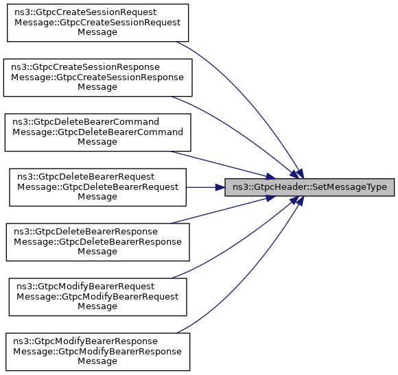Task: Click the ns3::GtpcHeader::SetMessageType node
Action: pyautogui.click(x=309, y=187)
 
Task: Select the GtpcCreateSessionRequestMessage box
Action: pyautogui.click(x=97, y=23)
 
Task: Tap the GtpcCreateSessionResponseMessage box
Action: pyautogui.click(x=97, y=77)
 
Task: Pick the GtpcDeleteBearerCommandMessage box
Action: pyautogui.click(x=97, y=132)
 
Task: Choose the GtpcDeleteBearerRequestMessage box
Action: pyautogui.click(x=97, y=187)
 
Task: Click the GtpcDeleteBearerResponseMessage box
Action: pyautogui.click(x=97, y=242)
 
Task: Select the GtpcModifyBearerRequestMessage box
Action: pyautogui.click(x=97, y=297)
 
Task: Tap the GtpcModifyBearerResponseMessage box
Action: pyautogui.click(x=97, y=352)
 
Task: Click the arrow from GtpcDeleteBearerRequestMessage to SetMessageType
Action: pyautogui.click(x=205, y=187)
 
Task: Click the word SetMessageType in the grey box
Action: pyautogui.click(x=349, y=187)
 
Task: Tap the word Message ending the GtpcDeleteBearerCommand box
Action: pyautogui.click(x=97, y=142)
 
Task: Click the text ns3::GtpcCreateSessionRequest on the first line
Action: pyautogui.click(x=86, y=12)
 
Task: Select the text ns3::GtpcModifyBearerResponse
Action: pyautogui.click(x=85, y=341)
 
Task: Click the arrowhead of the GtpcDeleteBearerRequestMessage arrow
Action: pyautogui.click(x=220, y=187)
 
